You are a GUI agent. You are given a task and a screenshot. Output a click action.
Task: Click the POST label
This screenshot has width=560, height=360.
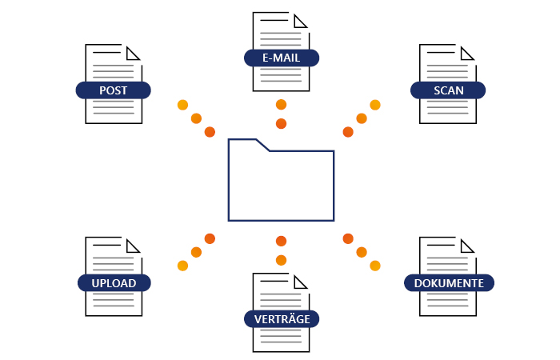pyautogui.click(x=113, y=90)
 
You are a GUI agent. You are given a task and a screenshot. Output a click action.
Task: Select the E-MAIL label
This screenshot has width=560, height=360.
pyautogui.click(x=281, y=58)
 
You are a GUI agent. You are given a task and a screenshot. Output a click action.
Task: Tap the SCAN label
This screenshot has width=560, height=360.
pyautogui.click(x=448, y=90)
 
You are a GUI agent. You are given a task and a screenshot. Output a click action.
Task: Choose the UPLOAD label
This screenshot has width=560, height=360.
pyautogui.click(x=113, y=282)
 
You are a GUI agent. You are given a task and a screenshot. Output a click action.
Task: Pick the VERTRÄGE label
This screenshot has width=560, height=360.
pyautogui.click(x=281, y=318)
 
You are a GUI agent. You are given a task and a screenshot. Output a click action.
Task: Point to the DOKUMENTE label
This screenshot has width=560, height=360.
pyautogui.click(x=448, y=282)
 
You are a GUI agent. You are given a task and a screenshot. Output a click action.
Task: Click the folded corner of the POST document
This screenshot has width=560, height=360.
pyautogui.click(x=134, y=51)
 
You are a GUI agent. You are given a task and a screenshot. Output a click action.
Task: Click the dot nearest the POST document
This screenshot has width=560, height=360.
pyautogui.click(x=182, y=105)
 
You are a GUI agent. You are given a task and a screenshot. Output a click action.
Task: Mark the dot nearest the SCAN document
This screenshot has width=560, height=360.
pyautogui.click(x=375, y=105)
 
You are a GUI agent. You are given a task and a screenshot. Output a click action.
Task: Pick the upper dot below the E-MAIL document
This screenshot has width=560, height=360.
pyautogui.click(x=281, y=105)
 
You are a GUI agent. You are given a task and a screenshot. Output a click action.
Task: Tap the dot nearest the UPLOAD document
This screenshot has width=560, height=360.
pyautogui.click(x=182, y=265)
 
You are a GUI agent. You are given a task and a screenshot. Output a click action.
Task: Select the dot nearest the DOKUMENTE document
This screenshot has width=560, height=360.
pyautogui.click(x=375, y=265)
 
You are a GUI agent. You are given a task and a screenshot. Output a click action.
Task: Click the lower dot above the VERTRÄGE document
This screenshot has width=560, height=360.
pyautogui.click(x=281, y=259)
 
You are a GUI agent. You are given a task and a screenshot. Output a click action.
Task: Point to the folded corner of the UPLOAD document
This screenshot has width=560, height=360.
pyautogui.click(x=134, y=244)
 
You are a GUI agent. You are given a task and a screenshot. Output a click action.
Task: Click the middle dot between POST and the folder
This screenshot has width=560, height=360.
pyautogui.click(x=196, y=118)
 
